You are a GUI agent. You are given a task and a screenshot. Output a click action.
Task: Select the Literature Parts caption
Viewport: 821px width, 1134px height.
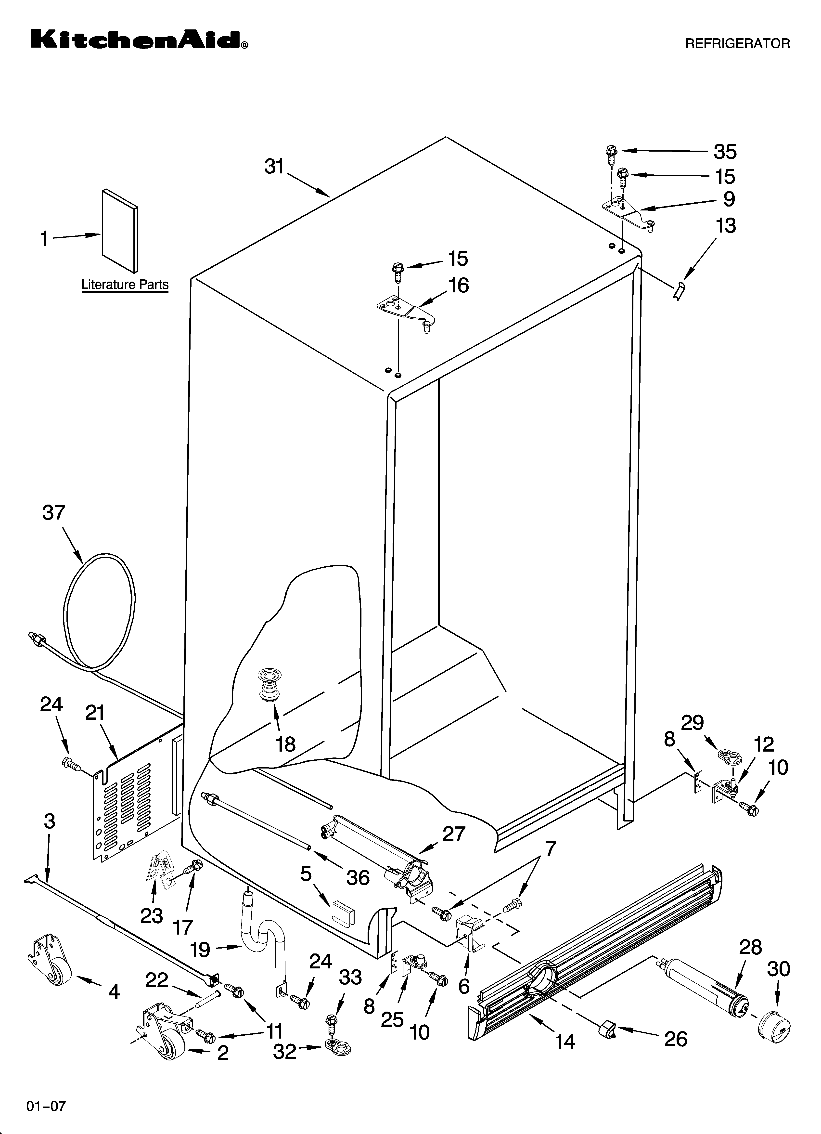point(125,285)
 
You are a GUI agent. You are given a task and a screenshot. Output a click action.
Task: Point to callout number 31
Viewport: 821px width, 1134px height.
point(274,167)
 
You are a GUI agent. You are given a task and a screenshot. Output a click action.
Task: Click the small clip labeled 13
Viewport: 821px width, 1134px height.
point(680,290)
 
